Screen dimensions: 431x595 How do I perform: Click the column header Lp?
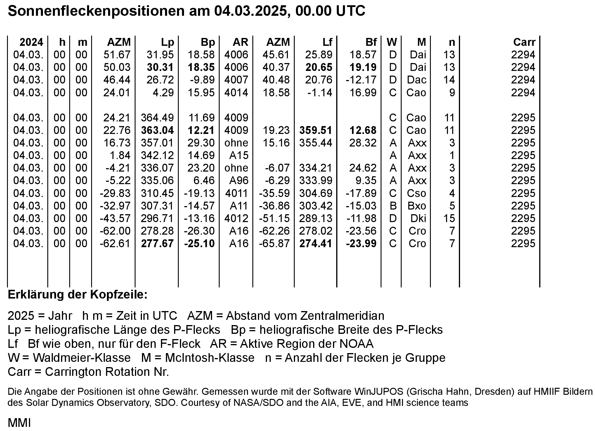[x=167, y=42]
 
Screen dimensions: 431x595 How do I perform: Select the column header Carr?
[x=524, y=42]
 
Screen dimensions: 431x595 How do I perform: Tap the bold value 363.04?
[x=157, y=130]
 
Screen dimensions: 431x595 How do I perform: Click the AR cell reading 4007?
[x=236, y=80]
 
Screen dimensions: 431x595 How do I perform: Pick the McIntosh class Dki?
[x=418, y=218]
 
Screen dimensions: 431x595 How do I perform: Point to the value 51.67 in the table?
[x=117, y=55]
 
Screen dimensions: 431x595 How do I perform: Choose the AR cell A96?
[x=239, y=180]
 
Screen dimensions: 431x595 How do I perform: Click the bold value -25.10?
[x=200, y=243]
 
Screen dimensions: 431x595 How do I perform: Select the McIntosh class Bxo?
[x=417, y=206]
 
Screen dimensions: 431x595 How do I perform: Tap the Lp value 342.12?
[x=157, y=155]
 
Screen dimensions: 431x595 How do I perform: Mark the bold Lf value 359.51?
[x=316, y=130]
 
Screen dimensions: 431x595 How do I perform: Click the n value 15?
[x=449, y=218]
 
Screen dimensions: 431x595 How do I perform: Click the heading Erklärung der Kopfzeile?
[x=78, y=295]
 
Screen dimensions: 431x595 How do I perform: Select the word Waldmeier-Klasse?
[x=81, y=358]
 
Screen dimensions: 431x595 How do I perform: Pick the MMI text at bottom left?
[x=19, y=423]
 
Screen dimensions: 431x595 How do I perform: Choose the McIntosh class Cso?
[x=417, y=193]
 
